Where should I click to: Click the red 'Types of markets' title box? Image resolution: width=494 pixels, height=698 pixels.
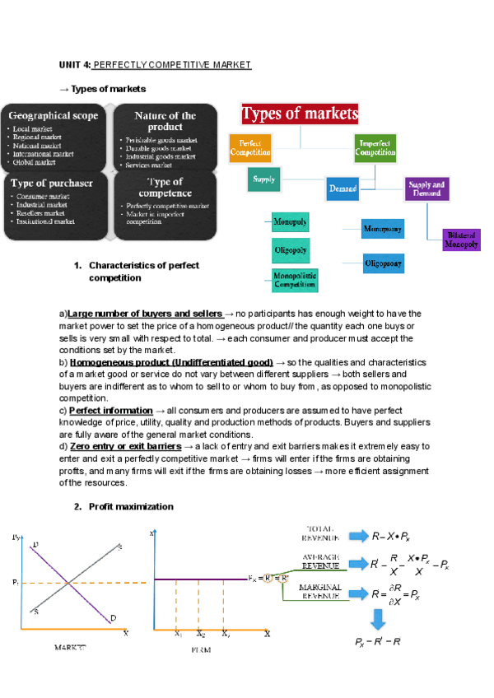point(299,114)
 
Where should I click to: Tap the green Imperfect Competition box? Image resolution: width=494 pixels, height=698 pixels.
point(375,148)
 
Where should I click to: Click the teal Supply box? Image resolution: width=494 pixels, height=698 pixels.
point(263,179)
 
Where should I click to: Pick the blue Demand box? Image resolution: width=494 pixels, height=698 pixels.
point(343,188)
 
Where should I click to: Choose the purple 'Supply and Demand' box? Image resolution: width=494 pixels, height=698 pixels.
point(426,189)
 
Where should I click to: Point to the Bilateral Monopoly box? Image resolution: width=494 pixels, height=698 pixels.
point(460,240)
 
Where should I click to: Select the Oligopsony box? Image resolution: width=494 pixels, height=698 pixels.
point(383,264)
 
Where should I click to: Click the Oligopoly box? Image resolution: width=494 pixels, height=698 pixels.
point(290,249)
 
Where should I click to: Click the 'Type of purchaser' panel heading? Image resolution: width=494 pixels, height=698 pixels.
point(52,182)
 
